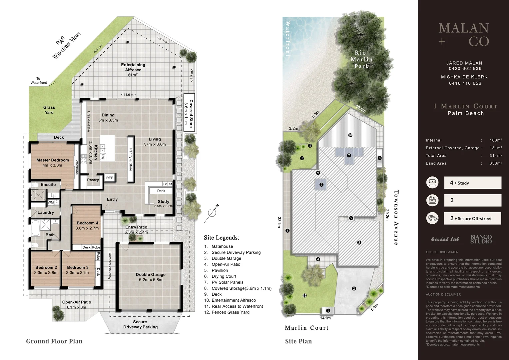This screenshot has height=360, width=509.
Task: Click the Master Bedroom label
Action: [52, 162]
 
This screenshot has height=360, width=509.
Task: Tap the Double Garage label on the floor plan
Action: [151, 277]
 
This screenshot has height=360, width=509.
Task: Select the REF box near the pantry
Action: [110, 178]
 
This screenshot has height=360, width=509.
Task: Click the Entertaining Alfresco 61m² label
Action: [133, 70]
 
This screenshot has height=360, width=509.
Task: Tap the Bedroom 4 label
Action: [87, 225]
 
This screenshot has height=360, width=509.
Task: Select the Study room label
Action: [163, 202]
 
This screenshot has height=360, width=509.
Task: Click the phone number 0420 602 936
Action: [465, 69]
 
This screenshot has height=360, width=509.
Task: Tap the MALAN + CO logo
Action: [464, 35]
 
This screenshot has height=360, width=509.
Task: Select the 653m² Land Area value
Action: [496, 163]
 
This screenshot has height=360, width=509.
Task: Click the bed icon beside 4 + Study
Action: [432, 183]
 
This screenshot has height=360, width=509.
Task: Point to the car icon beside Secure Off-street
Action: [432, 218]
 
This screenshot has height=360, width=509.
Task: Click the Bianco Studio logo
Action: [481, 239]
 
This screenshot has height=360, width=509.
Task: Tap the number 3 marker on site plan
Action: [359, 242]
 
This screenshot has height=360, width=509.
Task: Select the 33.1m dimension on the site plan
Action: [279, 222]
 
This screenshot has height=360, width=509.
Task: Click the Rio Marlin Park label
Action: [361, 59]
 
